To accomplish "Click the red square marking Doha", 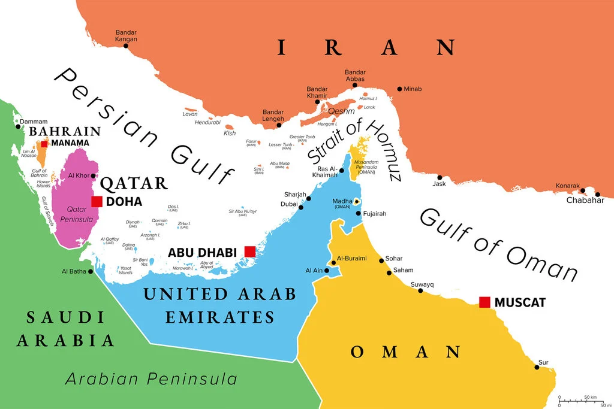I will (x=97, y=202).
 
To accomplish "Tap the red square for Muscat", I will (x=484, y=302).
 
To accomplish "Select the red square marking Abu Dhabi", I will (x=249, y=252).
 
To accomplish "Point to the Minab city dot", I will (x=399, y=89).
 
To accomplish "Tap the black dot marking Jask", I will (x=440, y=177).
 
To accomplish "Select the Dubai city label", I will (x=288, y=204).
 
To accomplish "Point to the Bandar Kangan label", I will (x=127, y=35).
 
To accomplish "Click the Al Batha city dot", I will (x=91, y=271).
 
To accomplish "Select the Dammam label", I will (x=34, y=122).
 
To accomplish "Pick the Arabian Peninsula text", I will (x=151, y=379).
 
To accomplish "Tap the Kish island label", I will (x=230, y=133).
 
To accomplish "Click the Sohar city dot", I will (x=381, y=260).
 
